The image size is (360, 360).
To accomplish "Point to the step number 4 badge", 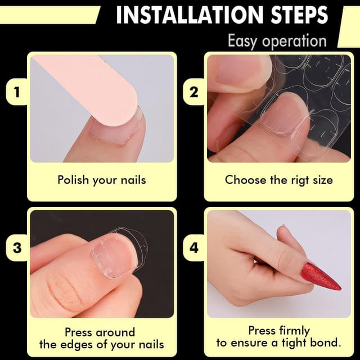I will point(193,247).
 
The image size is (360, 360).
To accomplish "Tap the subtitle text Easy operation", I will point(277,40).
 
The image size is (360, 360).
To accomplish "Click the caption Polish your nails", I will point(102,180).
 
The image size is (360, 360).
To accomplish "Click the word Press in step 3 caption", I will point(79,332).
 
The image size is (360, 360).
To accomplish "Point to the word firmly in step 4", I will point(294,330).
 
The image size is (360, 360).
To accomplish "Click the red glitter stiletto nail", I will point(321,276).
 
